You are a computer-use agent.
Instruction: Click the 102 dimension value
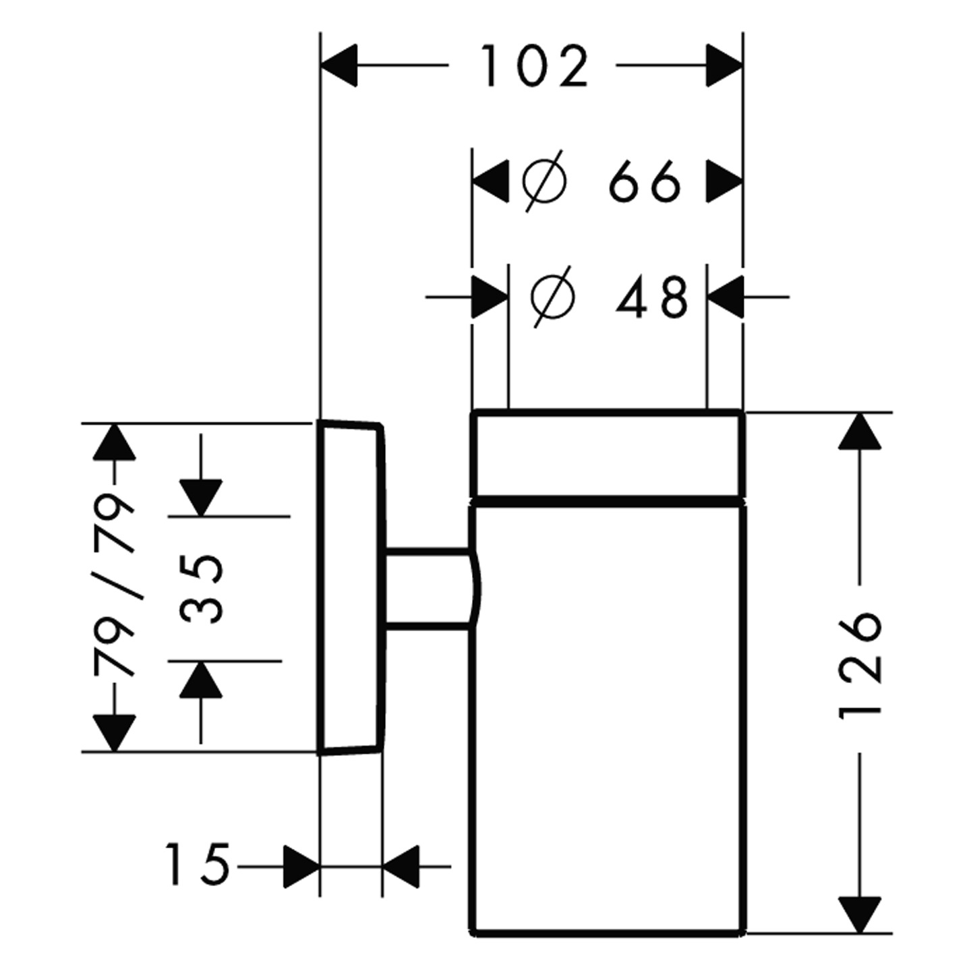[535, 67]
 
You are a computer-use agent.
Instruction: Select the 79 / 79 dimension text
[115, 586]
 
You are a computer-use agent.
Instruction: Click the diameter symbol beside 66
[544, 182]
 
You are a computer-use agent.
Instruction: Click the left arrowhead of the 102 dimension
[338, 66]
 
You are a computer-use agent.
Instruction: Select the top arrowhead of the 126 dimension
[860, 432]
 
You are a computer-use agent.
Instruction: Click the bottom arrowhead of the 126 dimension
[860, 915]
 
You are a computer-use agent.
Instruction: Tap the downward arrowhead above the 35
[201, 498]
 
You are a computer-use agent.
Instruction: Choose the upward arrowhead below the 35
[201, 680]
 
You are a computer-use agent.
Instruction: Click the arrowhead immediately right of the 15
[301, 865]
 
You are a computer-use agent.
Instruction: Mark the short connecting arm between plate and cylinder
[427, 589]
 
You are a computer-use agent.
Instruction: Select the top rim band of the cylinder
[608, 455]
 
